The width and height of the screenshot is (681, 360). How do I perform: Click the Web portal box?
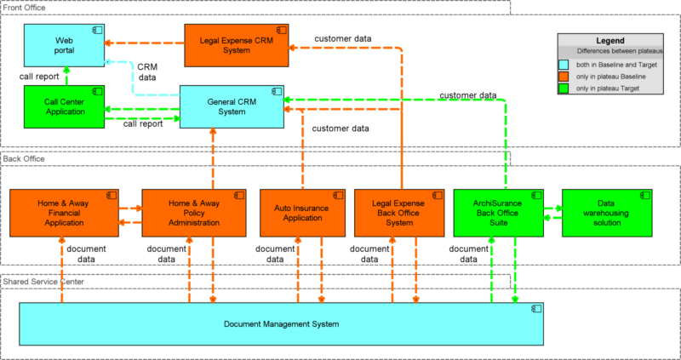pos(64,46)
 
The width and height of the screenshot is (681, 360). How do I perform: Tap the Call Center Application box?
pos(64,106)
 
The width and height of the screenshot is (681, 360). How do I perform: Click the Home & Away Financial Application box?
pos(60,213)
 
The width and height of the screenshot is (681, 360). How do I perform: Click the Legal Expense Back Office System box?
pos(399,213)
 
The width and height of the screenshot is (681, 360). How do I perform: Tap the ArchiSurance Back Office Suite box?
pos(501,213)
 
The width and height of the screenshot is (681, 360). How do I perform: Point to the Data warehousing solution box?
pos(607,213)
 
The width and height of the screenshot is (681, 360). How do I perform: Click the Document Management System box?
pos(281,324)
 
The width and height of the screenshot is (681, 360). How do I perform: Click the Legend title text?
pos(610,41)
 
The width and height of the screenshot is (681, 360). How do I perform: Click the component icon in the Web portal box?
pos(97,31)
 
